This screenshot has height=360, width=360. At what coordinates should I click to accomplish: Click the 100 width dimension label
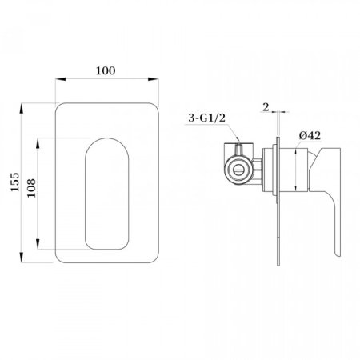pos(106,70)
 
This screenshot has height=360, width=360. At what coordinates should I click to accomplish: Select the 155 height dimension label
pos(15,182)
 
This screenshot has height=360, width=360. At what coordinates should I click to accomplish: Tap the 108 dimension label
pos(31,188)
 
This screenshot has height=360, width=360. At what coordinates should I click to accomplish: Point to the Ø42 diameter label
pos(310,135)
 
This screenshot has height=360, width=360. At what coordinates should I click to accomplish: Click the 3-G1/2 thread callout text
pos(207,118)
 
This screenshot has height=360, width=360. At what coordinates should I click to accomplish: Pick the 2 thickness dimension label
pos(266,107)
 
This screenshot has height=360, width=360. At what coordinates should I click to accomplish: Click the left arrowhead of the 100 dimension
pos(61,79)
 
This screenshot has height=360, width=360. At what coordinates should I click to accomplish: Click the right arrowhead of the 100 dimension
pos(154,79)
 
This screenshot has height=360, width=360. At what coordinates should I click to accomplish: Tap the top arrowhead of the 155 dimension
pos(22,108)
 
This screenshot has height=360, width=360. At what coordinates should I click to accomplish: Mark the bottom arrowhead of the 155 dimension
pos(22,258)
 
